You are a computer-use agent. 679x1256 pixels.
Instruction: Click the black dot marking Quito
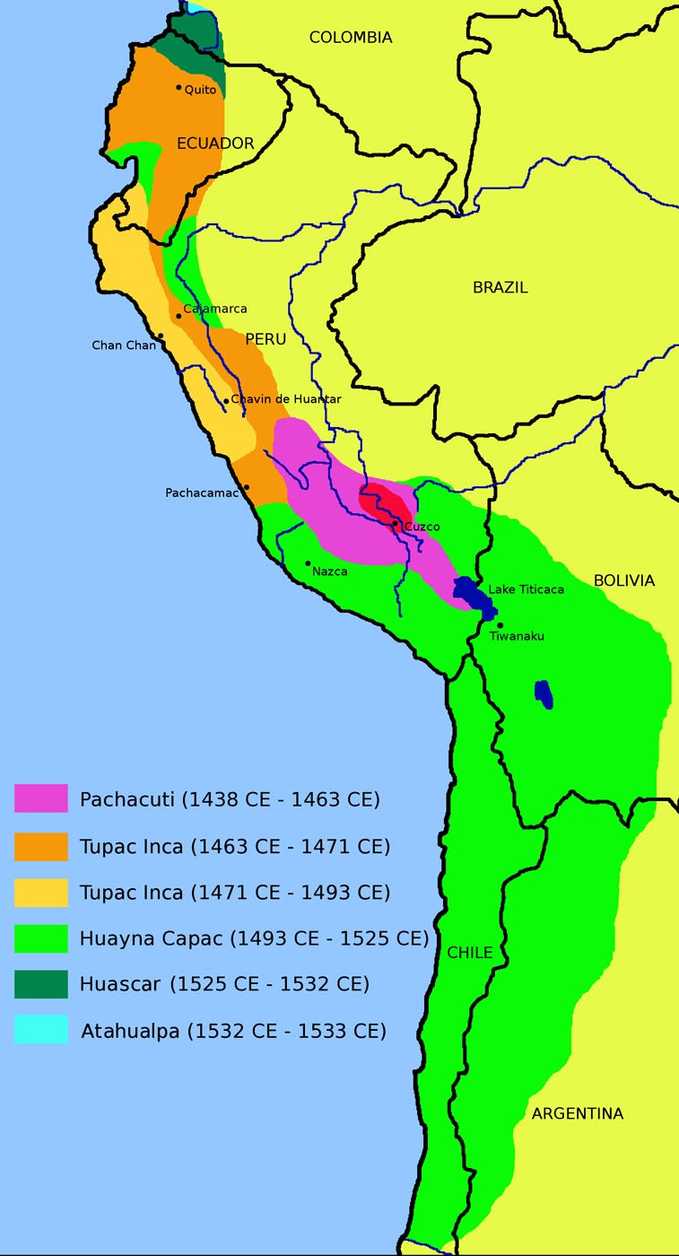(178, 88)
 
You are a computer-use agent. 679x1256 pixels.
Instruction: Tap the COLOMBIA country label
(351, 38)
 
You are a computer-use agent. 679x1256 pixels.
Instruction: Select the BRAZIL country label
(500, 288)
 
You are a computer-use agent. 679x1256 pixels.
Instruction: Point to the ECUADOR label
(215, 144)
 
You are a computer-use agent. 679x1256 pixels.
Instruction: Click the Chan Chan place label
(124, 345)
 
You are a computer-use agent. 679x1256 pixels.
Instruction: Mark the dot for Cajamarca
(179, 316)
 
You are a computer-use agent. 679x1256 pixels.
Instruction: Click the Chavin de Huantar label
(286, 399)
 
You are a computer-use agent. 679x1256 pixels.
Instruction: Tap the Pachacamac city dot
(247, 487)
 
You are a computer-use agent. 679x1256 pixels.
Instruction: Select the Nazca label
(330, 571)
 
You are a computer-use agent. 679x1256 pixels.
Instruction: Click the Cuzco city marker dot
(395, 523)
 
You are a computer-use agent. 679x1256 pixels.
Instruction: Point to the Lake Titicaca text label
(527, 589)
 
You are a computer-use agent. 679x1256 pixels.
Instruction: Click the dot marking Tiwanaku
(500, 625)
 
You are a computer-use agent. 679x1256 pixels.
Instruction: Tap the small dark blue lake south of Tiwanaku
(543, 693)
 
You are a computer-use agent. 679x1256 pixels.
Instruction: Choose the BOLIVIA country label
(624, 581)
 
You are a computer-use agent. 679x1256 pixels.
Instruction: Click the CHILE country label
(470, 953)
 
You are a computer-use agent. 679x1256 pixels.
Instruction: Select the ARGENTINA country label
(577, 1114)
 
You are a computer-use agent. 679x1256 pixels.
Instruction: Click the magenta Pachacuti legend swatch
(41, 798)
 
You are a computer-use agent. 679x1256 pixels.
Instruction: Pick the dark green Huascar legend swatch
(41, 984)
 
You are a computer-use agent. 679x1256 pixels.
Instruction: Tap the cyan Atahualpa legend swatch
(41, 1030)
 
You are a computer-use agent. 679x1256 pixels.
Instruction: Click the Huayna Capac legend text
(254, 939)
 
